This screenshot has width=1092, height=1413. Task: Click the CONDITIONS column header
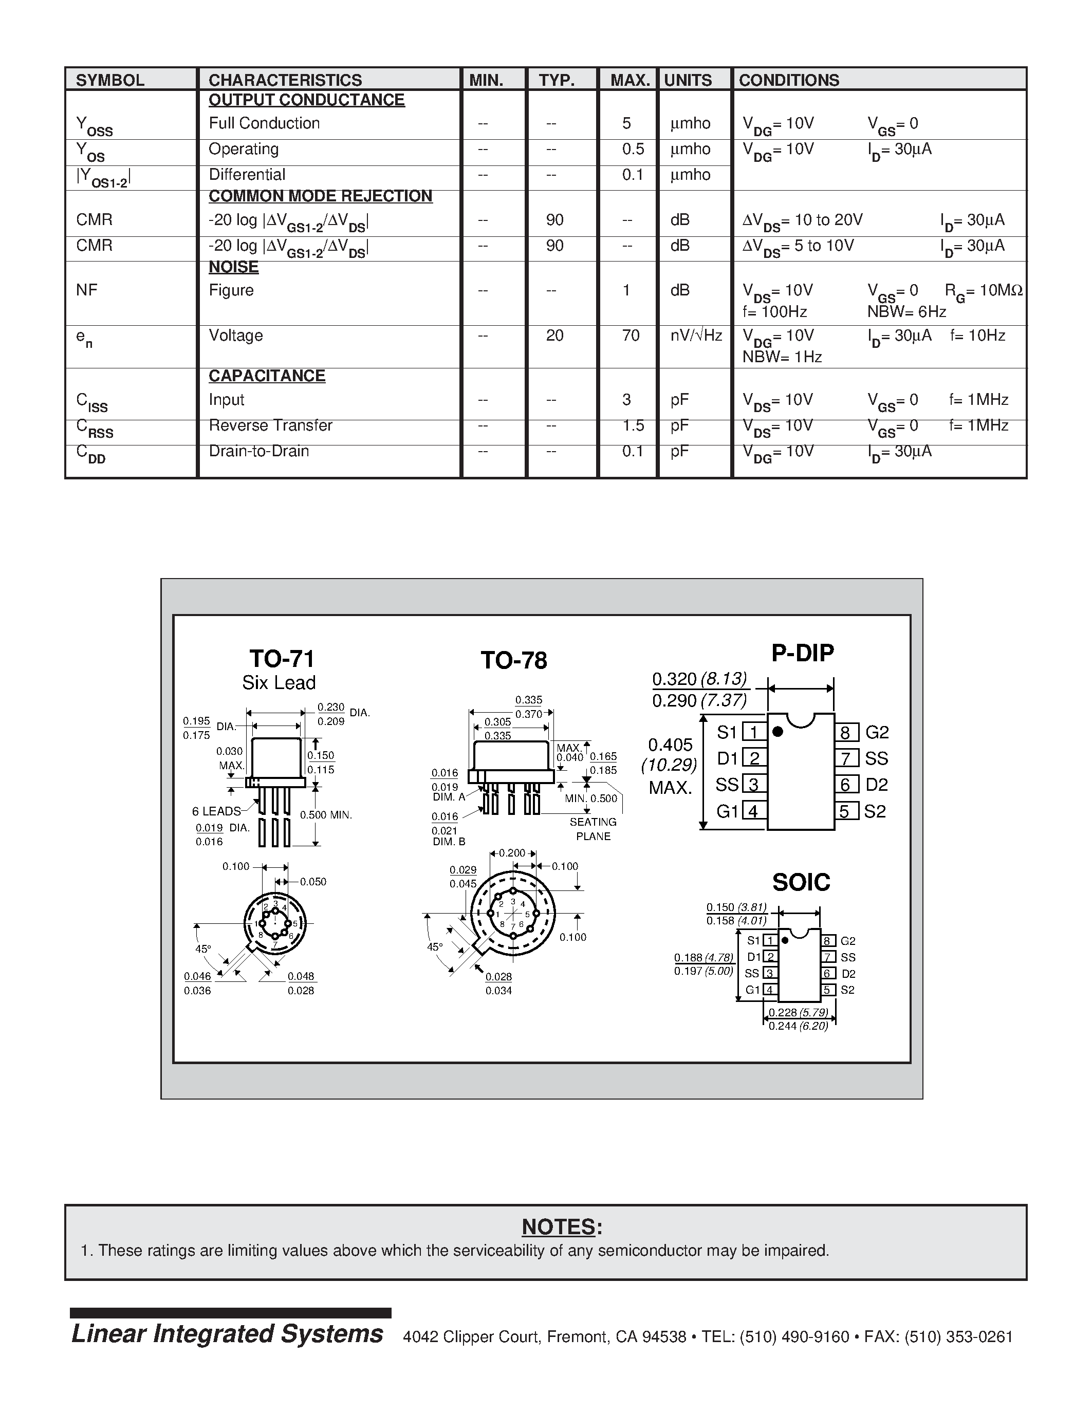[x=789, y=80]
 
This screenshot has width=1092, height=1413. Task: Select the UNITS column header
[x=687, y=80]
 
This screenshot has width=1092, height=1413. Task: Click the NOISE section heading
[x=233, y=267]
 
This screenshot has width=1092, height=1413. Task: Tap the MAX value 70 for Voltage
[x=630, y=335]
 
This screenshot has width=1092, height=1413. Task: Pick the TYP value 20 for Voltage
[x=554, y=335]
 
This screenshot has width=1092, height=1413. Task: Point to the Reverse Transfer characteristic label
[x=270, y=425]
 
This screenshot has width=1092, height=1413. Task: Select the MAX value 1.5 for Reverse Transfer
[x=633, y=425]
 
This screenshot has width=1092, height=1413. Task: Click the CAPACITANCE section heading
[x=267, y=376]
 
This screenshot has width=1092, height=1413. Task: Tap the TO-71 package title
[x=282, y=659]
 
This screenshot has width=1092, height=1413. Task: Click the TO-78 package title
[x=514, y=660]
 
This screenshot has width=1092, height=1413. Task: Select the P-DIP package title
[x=802, y=653]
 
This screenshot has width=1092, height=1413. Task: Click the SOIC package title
[x=801, y=882]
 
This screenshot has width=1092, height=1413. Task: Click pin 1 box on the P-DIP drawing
[x=754, y=732]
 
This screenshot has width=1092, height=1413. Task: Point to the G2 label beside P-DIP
[x=877, y=732]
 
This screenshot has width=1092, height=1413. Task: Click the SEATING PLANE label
[x=593, y=829]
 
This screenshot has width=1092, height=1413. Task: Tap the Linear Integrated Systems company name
[x=227, y=1334]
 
